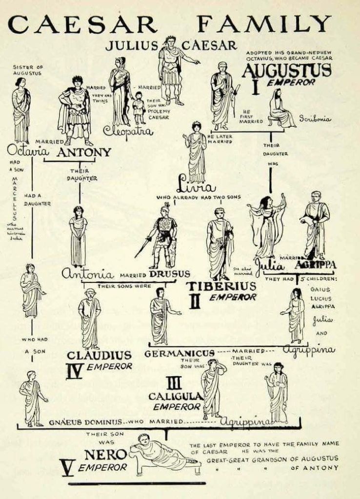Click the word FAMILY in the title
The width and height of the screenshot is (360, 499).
click(x=266, y=25)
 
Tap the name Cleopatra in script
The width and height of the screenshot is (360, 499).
click(x=128, y=131)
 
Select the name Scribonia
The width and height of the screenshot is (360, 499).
click(x=315, y=119)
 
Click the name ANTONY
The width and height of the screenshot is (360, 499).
click(x=84, y=152)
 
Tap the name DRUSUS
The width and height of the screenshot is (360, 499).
click(x=170, y=274)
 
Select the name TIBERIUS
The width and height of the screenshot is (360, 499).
click(x=222, y=286)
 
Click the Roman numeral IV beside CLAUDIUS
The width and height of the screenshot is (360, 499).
click(x=74, y=371)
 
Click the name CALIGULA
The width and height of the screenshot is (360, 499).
click(x=175, y=396)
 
